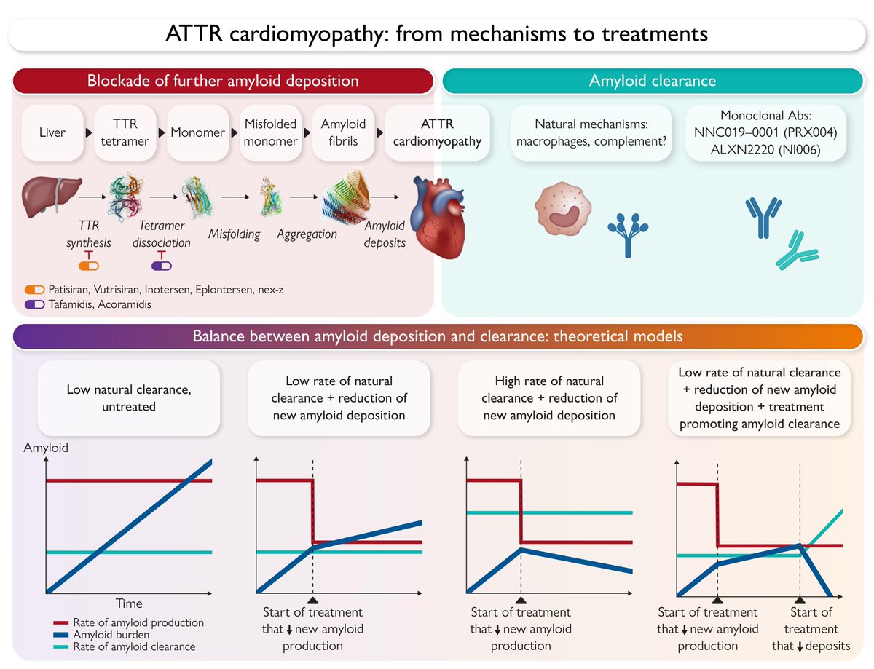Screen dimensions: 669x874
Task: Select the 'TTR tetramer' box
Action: [x=126, y=133]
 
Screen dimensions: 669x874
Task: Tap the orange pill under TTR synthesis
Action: [x=89, y=265]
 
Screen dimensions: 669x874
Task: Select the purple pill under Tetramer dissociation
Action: [x=162, y=265]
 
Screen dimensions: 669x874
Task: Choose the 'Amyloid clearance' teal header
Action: [x=652, y=81]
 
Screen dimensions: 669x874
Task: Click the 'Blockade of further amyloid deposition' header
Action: [x=223, y=81]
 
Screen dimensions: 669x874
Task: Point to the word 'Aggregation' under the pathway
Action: [x=307, y=234]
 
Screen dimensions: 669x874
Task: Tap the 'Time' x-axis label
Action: [x=129, y=603]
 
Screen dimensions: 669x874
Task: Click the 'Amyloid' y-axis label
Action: [x=46, y=448]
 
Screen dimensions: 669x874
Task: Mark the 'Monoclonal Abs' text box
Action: [x=765, y=133]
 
